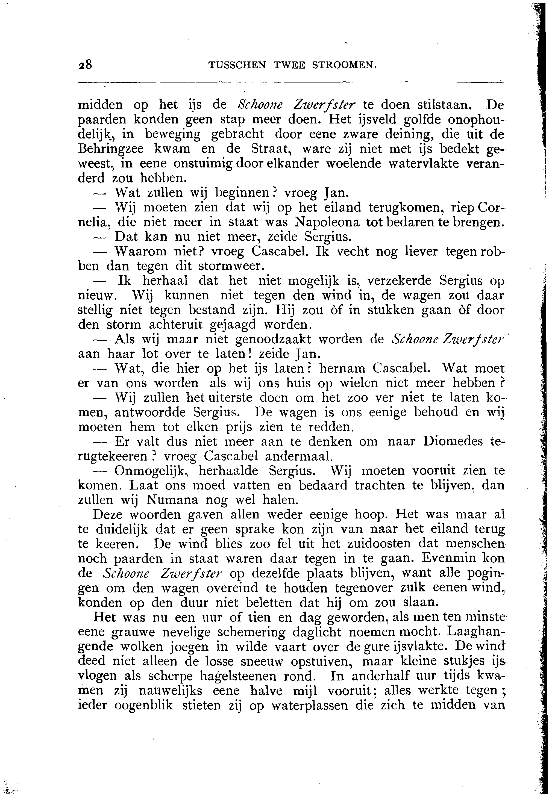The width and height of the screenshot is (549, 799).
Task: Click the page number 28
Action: tap(85, 65)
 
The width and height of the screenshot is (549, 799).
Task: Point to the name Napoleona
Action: tap(327, 222)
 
